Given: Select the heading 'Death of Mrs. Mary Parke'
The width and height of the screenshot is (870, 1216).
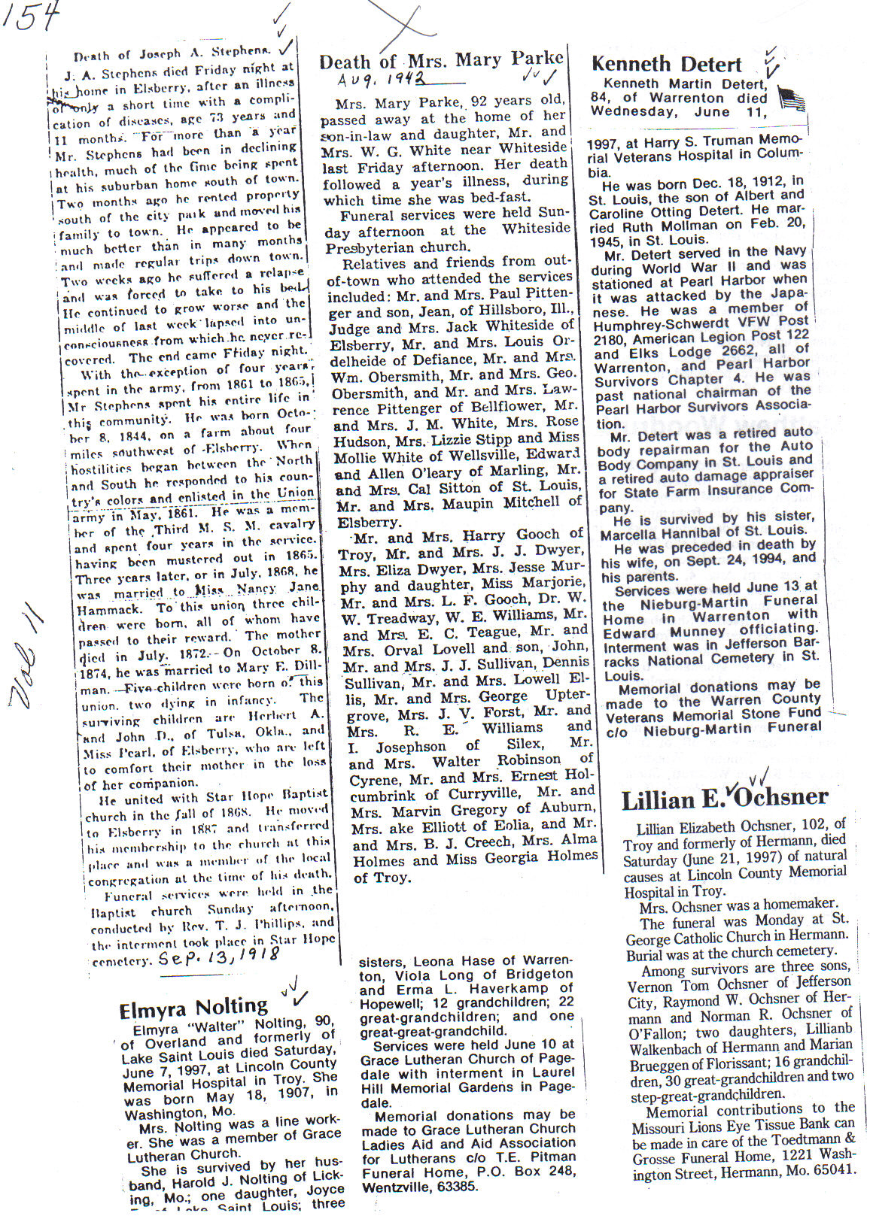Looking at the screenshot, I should tap(441, 61).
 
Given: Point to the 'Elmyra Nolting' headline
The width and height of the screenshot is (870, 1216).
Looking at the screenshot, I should tap(193, 1008).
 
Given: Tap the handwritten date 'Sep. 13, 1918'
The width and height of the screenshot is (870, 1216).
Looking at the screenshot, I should tap(219, 957).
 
